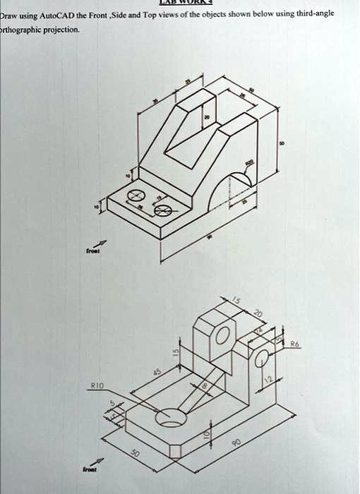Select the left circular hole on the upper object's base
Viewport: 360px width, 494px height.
tap(134, 195)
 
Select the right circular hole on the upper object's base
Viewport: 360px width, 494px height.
tap(162, 210)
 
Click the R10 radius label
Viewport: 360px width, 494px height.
tap(97, 387)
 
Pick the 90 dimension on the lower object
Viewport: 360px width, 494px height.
tap(237, 441)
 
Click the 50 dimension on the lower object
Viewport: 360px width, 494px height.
tap(133, 454)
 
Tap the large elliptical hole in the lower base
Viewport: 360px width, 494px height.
tap(172, 418)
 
